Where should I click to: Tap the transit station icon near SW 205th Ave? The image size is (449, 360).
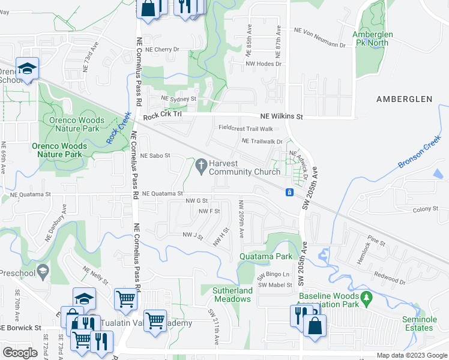(x=289, y=192)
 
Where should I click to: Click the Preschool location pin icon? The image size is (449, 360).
(x=42, y=272)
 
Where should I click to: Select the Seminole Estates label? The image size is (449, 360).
(x=419, y=324)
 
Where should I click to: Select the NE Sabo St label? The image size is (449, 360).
(x=155, y=155)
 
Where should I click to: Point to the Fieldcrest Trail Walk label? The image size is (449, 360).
(x=246, y=128)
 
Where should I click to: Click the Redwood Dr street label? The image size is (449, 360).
(x=390, y=280)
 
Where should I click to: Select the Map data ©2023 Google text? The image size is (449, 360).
(x=412, y=355)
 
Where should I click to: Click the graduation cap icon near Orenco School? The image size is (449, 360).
(x=28, y=68)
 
